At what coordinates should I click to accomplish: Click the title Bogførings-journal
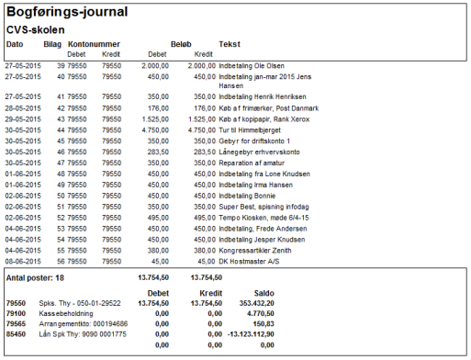click(x=67, y=13)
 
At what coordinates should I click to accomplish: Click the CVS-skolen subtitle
click(x=36, y=30)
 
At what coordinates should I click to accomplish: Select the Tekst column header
click(x=230, y=44)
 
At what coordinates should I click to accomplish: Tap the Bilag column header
click(x=52, y=44)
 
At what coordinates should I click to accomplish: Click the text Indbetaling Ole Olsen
click(x=252, y=66)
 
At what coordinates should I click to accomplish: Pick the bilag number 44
click(x=61, y=130)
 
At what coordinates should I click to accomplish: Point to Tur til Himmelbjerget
click(x=250, y=130)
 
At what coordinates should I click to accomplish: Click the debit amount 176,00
click(x=158, y=108)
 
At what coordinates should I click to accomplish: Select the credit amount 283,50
click(x=205, y=152)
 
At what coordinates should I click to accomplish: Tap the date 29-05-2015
click(x=23, y=119)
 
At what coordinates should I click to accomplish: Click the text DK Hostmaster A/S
click(x=249, y=262)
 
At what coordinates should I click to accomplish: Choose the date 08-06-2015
click(x=23, y=262)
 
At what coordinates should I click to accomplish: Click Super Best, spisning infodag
click(x=264, y=207)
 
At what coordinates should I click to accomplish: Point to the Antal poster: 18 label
click(x=35, y=278)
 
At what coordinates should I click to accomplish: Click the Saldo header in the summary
click(x=264, y=293)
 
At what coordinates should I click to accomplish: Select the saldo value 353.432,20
click(x=257, y=303)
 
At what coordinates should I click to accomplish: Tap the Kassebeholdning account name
click(x=66, y=314)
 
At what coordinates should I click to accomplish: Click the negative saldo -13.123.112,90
click(x=251, y=334)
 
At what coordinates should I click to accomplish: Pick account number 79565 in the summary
click(x=16, y=324)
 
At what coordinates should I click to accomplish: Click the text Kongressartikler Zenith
click(x=255, y=251)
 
